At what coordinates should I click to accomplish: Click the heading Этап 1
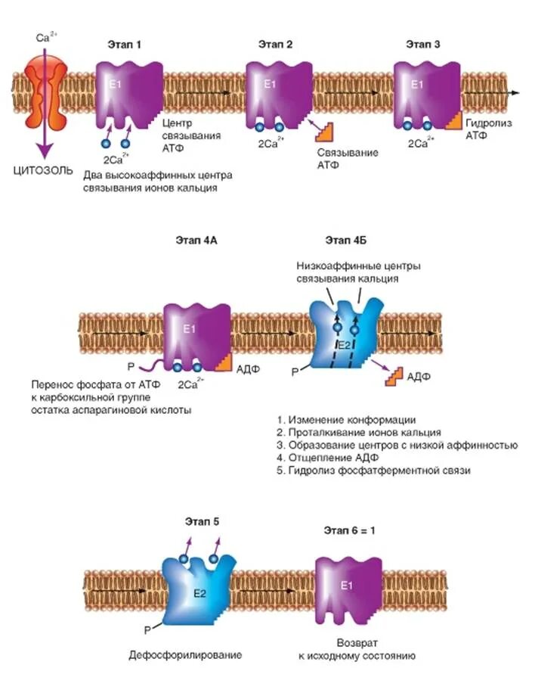click(x=123, y=45)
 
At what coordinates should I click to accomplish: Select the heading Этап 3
click(x=423, y=45)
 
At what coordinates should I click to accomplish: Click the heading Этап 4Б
click(x=343, y=241)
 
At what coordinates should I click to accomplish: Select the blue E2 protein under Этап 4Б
click(x=344, y=333)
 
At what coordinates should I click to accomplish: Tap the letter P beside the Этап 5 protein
click(x=153, y=628)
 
